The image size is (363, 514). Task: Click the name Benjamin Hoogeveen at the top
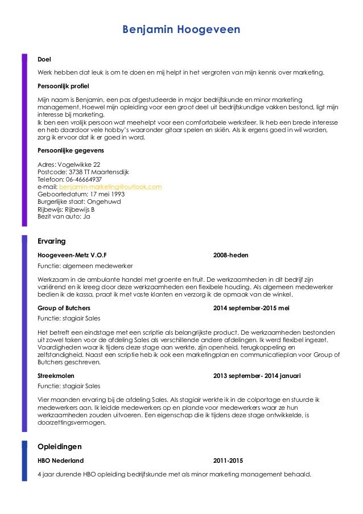click(x=181, y=29)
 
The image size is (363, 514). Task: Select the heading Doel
click(x=43, y=59)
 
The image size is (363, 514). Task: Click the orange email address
click(x=111, y=187)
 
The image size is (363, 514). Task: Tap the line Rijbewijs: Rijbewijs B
click(x=65, y=209)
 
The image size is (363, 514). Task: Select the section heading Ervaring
click(x=51, y=241)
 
